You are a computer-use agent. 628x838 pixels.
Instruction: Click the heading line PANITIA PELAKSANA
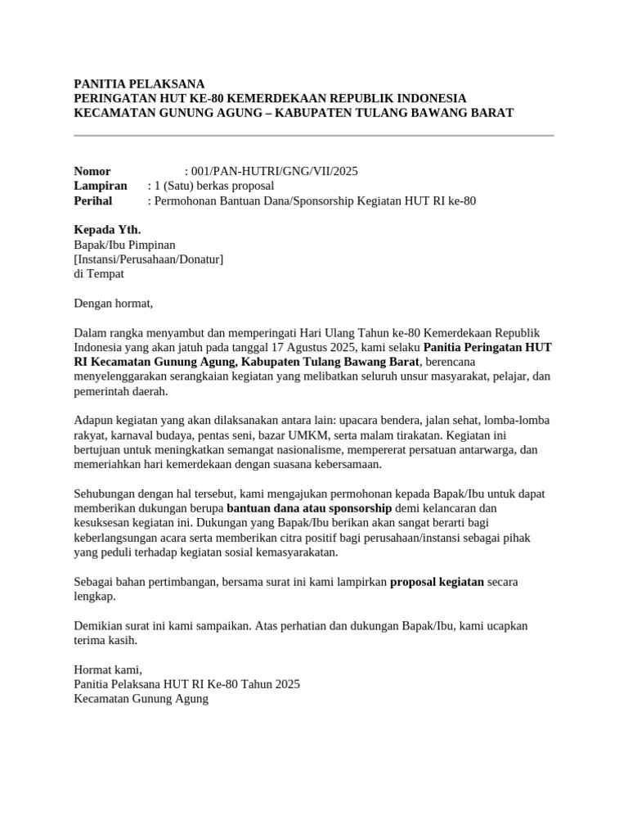(139, 83)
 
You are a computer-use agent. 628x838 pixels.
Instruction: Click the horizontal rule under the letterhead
(314, 135)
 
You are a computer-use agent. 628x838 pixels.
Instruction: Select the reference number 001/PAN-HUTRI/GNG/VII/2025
(274, 171)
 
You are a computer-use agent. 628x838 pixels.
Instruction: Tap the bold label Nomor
(92, 171)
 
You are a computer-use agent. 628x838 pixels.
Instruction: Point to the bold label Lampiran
(101, 186)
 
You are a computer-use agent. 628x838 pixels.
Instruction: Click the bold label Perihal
(93, 200)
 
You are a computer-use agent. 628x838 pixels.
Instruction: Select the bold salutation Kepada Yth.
(107, 230)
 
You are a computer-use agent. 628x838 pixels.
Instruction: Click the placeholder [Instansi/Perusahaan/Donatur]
(149, 259)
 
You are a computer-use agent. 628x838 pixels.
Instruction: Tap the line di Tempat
(99, 274)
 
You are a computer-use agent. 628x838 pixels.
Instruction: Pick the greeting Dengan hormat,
(114, 304)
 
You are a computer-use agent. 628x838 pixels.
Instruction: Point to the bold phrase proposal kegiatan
(437, 582)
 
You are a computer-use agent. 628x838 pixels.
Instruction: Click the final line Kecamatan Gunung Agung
(141, 699)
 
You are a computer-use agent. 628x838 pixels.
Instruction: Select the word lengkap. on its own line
(95, 597)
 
